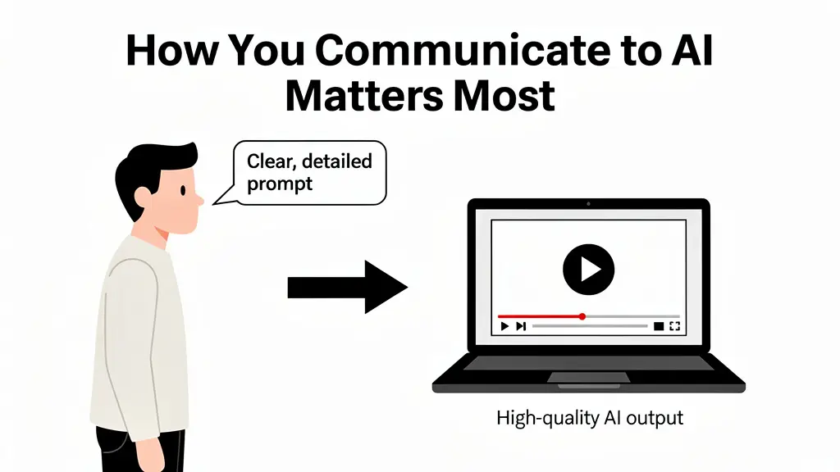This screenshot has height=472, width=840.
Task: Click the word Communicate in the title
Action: [463, 50]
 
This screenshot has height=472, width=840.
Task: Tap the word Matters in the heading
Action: [364, 97]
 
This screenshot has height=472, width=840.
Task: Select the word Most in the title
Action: [504, 97]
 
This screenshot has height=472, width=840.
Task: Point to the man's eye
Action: [183, 190]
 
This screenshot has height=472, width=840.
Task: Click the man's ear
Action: [143, 197]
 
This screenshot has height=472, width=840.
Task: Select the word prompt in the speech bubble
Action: [279, 184]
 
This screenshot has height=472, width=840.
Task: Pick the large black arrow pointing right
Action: [348, 287]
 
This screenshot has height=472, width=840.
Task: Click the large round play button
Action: [588, 269]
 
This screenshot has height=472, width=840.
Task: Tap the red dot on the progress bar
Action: [582, 317]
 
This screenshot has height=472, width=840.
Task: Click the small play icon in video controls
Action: [504, 326]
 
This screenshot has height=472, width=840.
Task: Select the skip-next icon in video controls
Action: [521, 326]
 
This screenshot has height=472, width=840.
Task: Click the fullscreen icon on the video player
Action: [674, 326]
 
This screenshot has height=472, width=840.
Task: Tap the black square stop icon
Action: [659, 326]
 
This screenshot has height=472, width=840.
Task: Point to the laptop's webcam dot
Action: [588, 204]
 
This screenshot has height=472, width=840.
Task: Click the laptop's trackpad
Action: [589, 377]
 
